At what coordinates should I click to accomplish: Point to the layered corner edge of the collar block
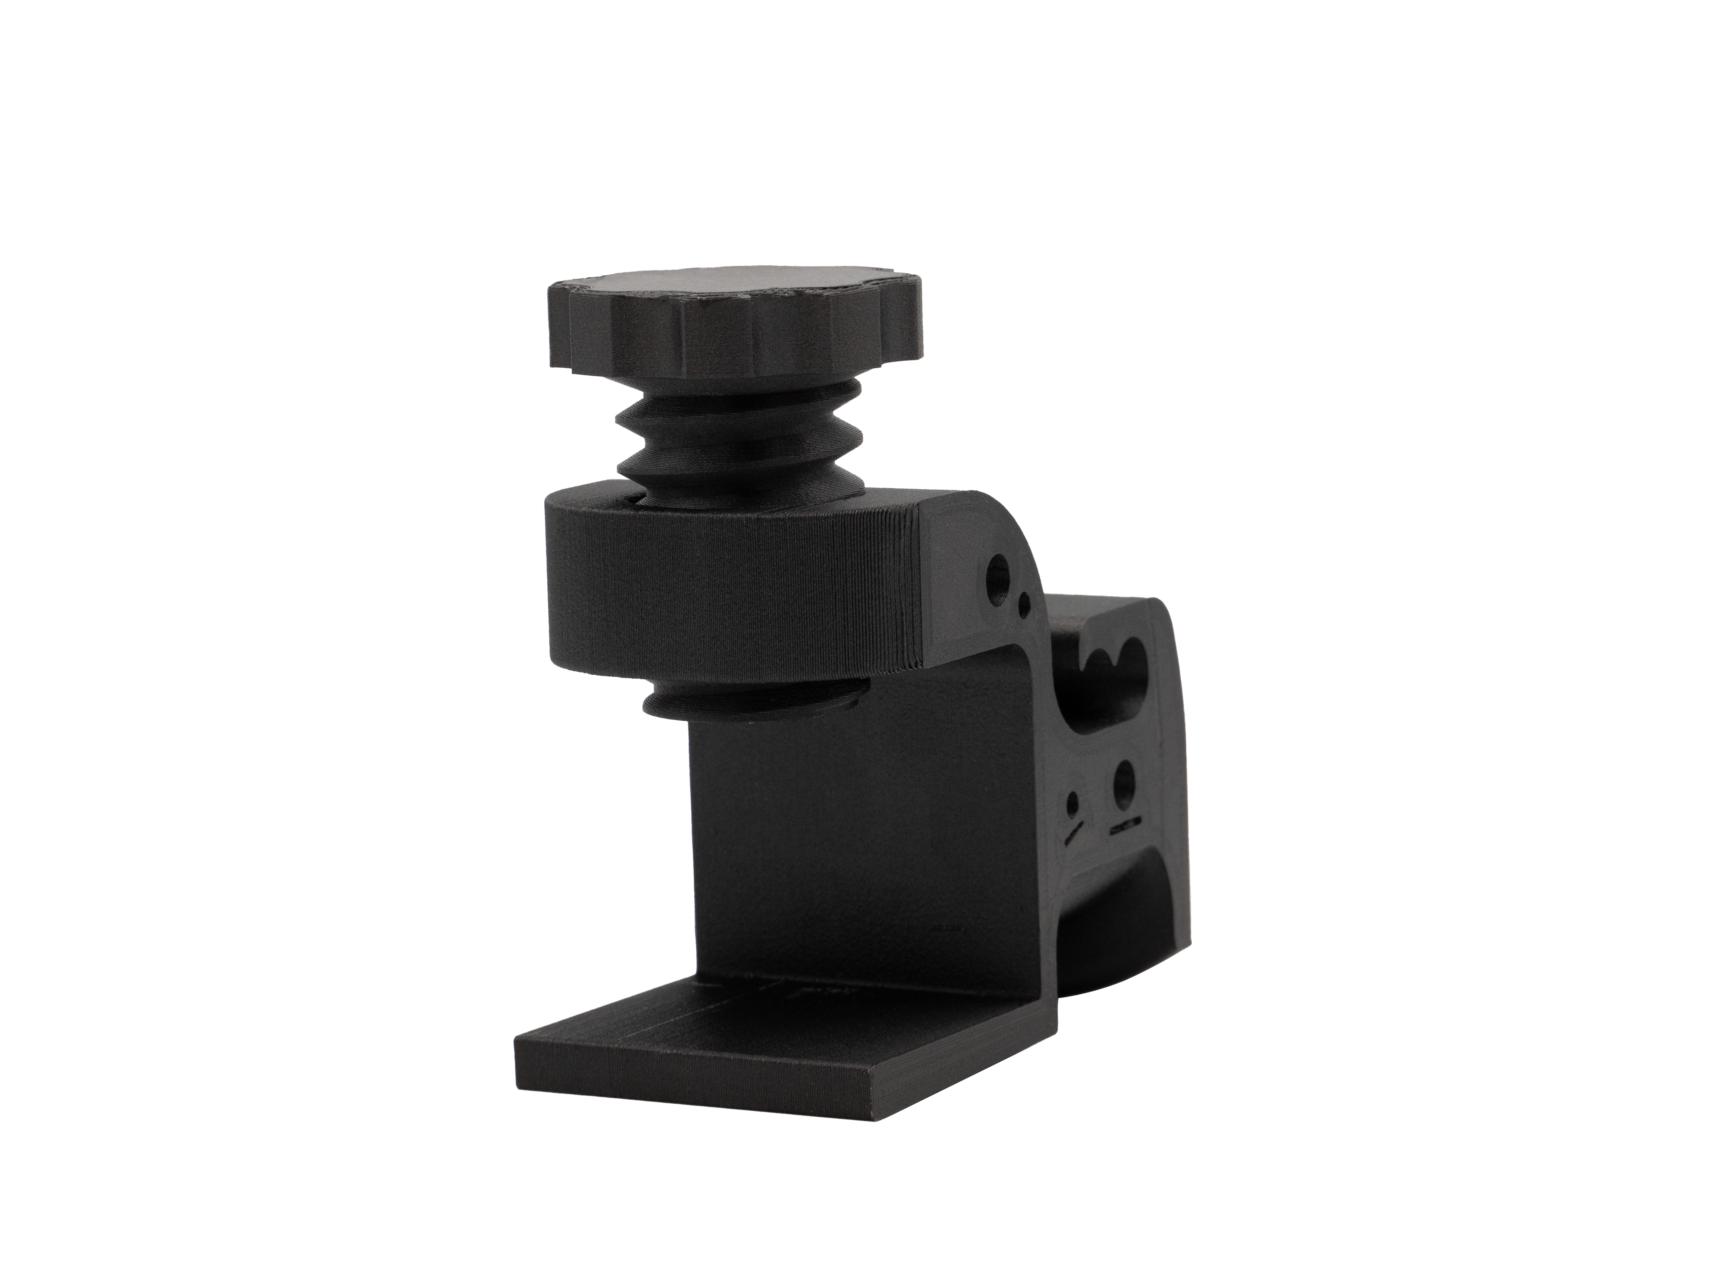point(919,587)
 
